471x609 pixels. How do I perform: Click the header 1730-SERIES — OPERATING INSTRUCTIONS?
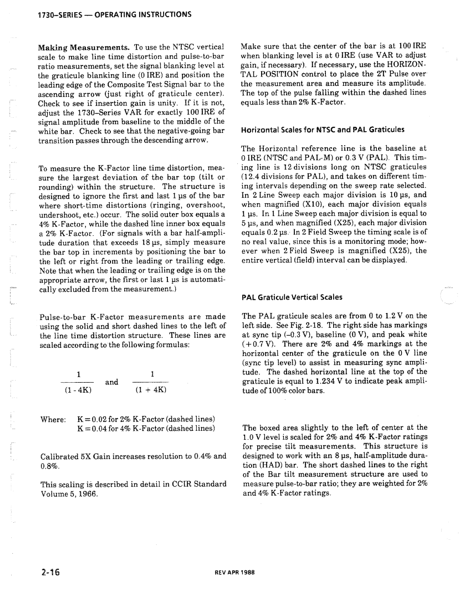pos(115,14)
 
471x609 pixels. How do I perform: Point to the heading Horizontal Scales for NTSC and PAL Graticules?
pos(323,129)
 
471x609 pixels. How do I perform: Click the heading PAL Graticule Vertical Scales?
pos(292,297)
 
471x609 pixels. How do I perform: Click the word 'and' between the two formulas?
pos(112,382)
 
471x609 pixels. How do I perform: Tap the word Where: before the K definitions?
pos(53,419)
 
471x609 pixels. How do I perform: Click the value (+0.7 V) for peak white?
pos(256,344)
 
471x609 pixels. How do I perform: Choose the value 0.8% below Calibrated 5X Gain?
pos(49,466)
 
